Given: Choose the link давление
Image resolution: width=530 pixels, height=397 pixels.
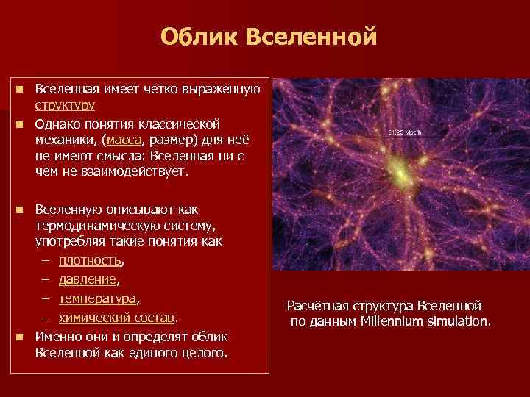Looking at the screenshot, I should pos(88,279).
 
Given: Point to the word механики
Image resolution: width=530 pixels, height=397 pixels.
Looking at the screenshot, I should pos(66,138).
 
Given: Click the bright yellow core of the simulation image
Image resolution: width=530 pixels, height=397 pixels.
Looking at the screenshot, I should pos(399,174).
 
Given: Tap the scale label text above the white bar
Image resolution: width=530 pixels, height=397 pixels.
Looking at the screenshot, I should pos(402,132).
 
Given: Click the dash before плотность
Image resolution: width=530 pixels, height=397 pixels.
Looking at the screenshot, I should pos(46,260).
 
